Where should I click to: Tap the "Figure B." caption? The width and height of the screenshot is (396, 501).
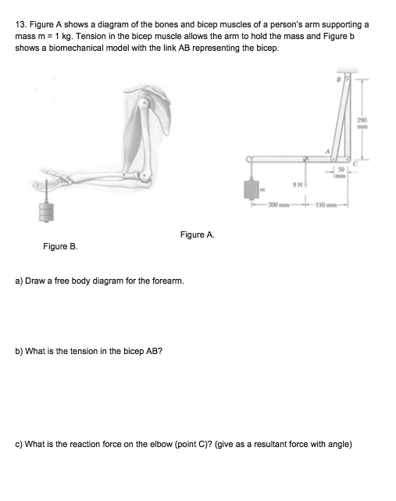tap(59, 246)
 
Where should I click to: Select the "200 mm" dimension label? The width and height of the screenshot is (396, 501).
tap(279, 206)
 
